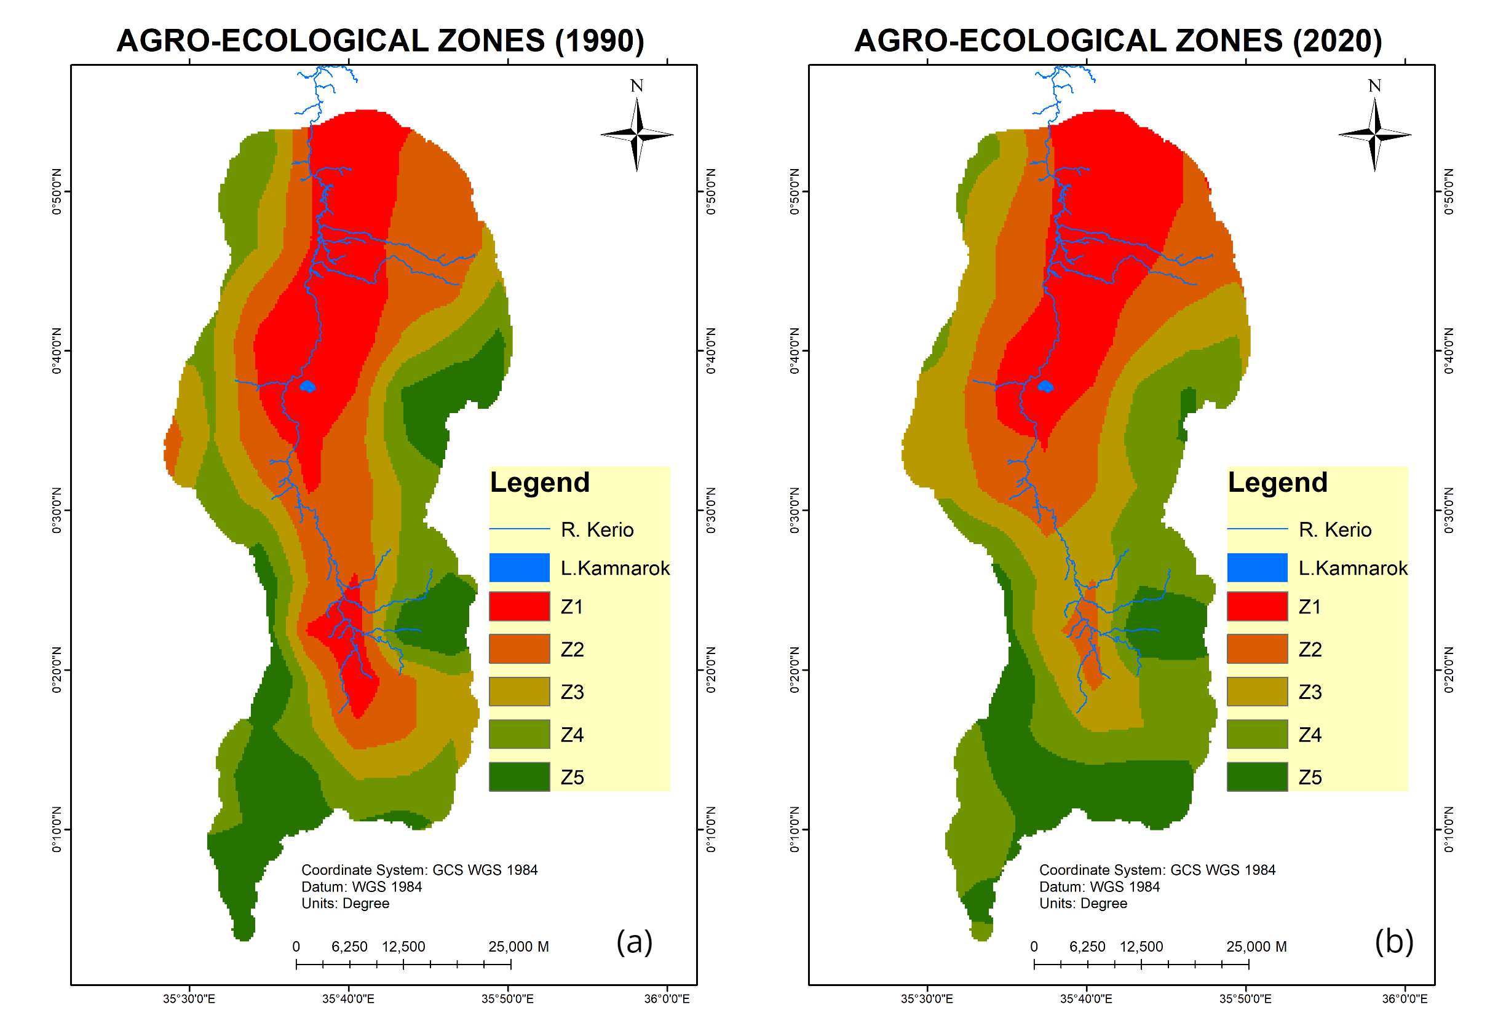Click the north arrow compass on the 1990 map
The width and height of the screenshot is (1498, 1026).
click(637, 134)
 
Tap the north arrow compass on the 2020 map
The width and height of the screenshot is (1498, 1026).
click(1375, 134)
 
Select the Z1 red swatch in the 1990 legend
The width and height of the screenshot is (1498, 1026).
click(519, 607)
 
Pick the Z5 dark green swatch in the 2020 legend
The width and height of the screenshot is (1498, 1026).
click(1257, 776)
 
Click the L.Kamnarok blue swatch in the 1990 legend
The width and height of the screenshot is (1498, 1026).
click(519, 568)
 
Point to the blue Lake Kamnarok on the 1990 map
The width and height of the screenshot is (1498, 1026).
click(308, 387)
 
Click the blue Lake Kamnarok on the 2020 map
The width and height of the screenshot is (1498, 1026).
click(1045, 387)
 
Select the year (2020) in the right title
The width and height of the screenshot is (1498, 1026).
click(1337, 41)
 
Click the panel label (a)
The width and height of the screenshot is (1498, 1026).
click(634, 942)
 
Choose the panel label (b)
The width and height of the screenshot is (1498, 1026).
click(1393, 942)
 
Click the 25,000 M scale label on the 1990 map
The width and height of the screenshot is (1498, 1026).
click(518, 947)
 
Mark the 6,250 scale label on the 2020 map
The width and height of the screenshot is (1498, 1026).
click(1087, 947)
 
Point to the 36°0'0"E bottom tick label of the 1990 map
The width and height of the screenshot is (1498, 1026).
click(668, 1000)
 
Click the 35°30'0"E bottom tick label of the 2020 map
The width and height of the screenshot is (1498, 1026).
click(927, 1000)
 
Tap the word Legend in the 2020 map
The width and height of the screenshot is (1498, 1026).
click(1278, 482)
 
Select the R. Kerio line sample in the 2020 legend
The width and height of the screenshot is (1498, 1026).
click(1257, 529)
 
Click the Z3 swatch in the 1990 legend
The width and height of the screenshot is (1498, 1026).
click(519, 692)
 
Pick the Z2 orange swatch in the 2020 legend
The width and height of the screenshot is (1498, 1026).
click(1257, 649)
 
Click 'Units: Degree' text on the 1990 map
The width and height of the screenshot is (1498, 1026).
click(346, 904)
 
